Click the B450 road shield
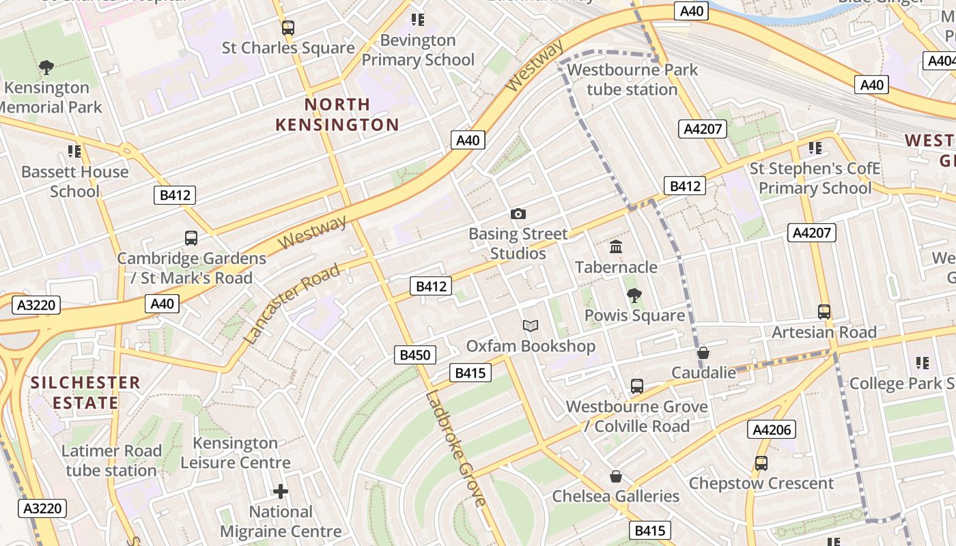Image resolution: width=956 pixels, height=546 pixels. [x=415, y=355]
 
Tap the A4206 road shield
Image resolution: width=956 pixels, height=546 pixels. [x=772, y=429]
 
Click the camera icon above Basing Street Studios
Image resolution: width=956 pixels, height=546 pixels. [x=518, y=214]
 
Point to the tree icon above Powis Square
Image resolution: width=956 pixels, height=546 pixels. [x=634, y=296]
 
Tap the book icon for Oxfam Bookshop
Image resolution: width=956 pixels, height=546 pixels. [x=531, y=326]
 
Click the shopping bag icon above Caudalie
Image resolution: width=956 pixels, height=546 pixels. [x=703, y=353]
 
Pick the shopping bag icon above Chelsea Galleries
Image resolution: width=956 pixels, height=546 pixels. [x=616, y=476]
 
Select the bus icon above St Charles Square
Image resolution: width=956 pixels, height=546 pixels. [x=288, y=28]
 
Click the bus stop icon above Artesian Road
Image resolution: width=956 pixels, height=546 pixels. [x=824, y=312]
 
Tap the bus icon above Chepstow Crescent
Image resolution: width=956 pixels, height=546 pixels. [x=761, y=463]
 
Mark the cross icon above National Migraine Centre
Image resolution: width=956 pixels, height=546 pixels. [x=281, y=491]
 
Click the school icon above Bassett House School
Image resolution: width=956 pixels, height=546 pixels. [x=74, y=152]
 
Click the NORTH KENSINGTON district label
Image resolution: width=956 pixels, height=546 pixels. [x=337, y=115]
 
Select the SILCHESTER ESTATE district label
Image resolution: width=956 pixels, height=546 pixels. [x=85, y=392]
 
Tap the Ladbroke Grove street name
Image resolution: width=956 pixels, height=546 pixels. [x=455, y=448]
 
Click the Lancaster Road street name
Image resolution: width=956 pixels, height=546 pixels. [x=292, y=304]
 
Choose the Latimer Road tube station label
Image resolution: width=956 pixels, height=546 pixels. [x=111, y=461]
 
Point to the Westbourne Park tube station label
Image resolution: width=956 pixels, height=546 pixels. [x=632, y=80]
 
